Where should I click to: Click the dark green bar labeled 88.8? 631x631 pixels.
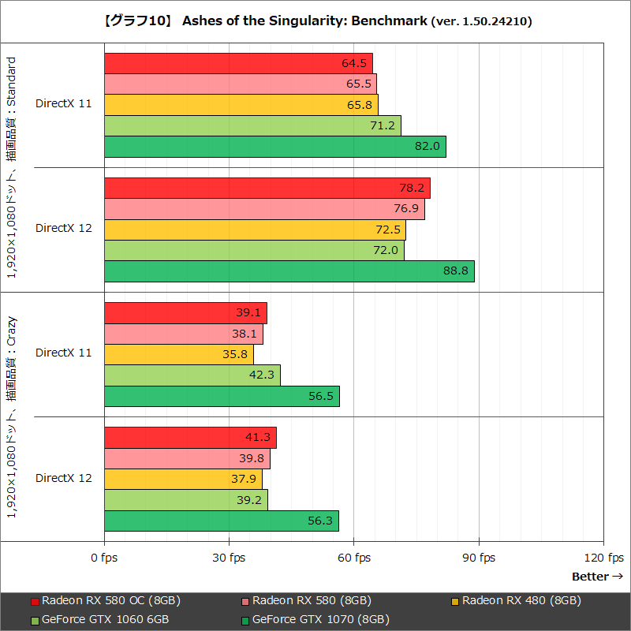coord(289,271)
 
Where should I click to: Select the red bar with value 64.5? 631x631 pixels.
coord(238,63)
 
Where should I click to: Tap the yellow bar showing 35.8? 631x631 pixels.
coord(178,355)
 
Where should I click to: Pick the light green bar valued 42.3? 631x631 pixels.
coord(192,375)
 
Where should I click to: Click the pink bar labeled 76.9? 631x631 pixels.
coord(264,209)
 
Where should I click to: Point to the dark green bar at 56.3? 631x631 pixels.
coord(222,521)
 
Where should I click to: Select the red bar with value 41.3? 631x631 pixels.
coord(190,438)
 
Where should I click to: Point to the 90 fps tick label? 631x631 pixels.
coord(479,558)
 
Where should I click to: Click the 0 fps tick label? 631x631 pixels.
coord(104,558)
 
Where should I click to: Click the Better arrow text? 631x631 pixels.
coord(597,577)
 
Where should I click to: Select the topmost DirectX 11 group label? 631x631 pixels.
coord(63,103)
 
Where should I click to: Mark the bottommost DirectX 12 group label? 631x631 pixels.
coord(63,478)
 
